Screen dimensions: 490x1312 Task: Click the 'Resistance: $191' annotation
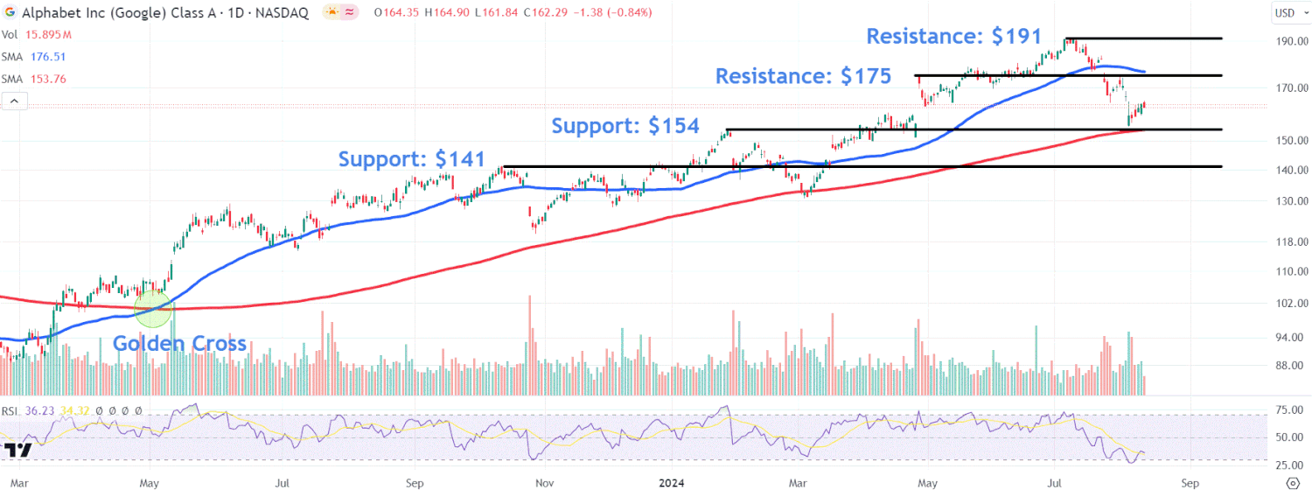coord(953,37)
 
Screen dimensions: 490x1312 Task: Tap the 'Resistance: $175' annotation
coord(803,76)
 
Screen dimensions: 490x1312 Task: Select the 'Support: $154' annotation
coord(625,126)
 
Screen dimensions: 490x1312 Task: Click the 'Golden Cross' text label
coord(179,344)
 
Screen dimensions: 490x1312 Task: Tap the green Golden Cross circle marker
coord(153,307)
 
